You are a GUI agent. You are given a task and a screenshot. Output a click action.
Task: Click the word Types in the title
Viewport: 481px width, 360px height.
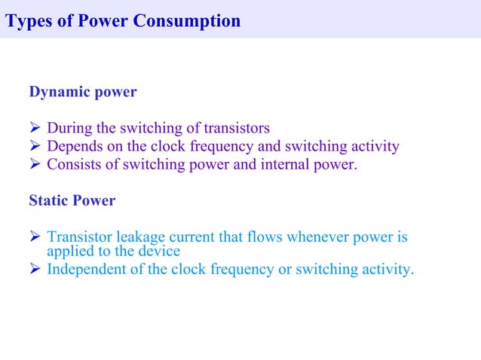[27, 20]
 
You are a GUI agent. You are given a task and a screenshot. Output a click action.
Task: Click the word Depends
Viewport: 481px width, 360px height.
[74, 146]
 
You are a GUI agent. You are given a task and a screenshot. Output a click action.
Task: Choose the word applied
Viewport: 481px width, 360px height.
[69, 251]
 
